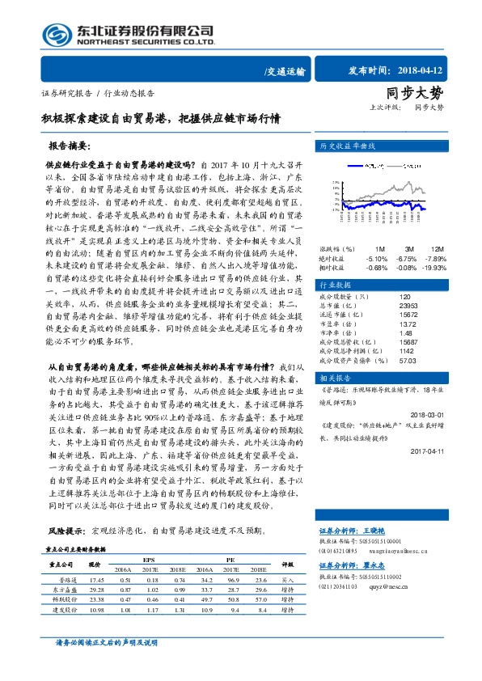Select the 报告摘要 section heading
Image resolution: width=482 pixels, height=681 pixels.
coord(68,146)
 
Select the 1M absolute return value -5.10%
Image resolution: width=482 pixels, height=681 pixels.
coord(377,258)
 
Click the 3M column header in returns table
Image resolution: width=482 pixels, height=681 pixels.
coord(409,248)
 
